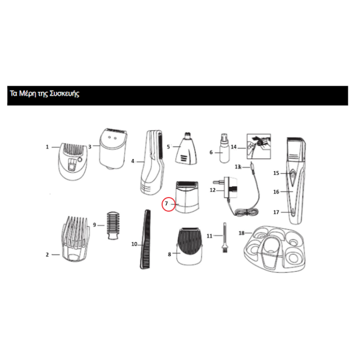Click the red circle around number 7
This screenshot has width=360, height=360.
tap(162, 204)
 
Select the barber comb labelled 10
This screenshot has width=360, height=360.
tap(145, 239)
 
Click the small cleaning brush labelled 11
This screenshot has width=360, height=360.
tap(225, 238)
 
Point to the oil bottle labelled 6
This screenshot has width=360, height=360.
tap(224, 148)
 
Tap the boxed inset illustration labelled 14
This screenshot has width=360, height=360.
tap(259, 146)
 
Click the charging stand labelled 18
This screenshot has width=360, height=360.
tap(275, 249)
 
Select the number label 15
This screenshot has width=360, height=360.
tap(276, 173)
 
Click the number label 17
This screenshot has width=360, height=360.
tap(276, 212)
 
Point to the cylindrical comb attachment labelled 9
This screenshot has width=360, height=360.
tap(113, 225)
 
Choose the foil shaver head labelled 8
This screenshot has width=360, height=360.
tap(189, 246)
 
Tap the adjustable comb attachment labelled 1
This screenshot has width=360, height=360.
tap(73, 161)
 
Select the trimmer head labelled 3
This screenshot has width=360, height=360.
tap(113, 149)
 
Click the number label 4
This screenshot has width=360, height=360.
tap(132, 161)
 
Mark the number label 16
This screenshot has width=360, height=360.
tap(276, 191)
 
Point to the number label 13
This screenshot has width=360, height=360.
tap(237, 166)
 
